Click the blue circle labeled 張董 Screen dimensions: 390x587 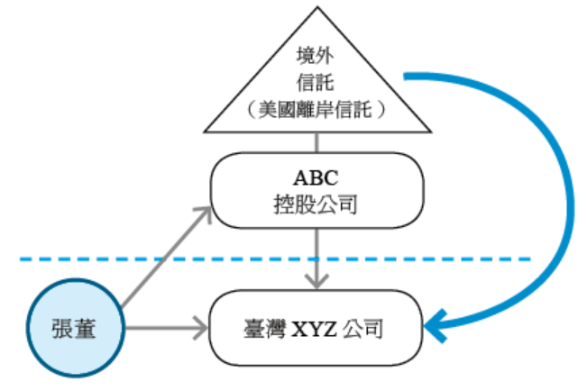click(x=74, y=330)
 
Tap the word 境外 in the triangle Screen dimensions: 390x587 click(x=316, y=56)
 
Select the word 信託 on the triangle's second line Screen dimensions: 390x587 click(x=316, y=83)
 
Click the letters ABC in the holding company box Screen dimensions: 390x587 click(x=316, y=175)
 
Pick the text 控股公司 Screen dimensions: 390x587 click(x=316, y=204)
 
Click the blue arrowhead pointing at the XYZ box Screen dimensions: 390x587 click(x=436, y=325)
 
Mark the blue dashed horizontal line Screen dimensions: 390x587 click(x=108, y=259)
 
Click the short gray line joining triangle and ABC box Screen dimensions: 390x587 click(x=316, y=141)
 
